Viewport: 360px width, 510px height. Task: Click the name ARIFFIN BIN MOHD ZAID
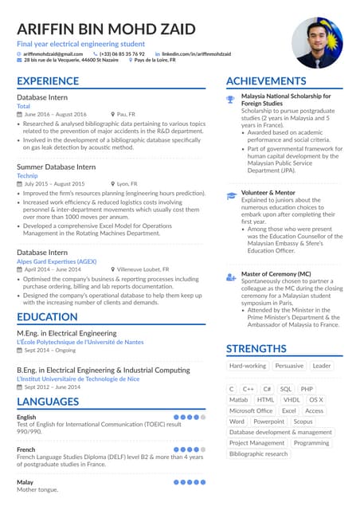pos(106,29)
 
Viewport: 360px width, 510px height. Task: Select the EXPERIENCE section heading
pos(47,81)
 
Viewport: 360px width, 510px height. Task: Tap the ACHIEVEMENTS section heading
pos(266,81)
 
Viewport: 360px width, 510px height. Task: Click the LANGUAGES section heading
pos(47,401)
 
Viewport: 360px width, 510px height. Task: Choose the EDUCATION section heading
pos(47,316)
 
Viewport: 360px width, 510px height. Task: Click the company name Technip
pos(27,175)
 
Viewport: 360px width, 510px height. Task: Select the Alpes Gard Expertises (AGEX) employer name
pos(57,261)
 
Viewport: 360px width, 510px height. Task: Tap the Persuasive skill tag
pos(289,366)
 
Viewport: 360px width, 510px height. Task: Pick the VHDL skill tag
pos(292,399)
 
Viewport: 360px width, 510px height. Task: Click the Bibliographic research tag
pos(259,453)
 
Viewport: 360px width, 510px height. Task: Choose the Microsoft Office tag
pos(251,410)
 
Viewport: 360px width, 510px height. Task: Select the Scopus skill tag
pos(303,421)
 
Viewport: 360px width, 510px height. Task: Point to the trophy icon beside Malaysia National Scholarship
pos(231,99)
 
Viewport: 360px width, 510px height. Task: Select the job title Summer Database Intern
pos(56,166)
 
